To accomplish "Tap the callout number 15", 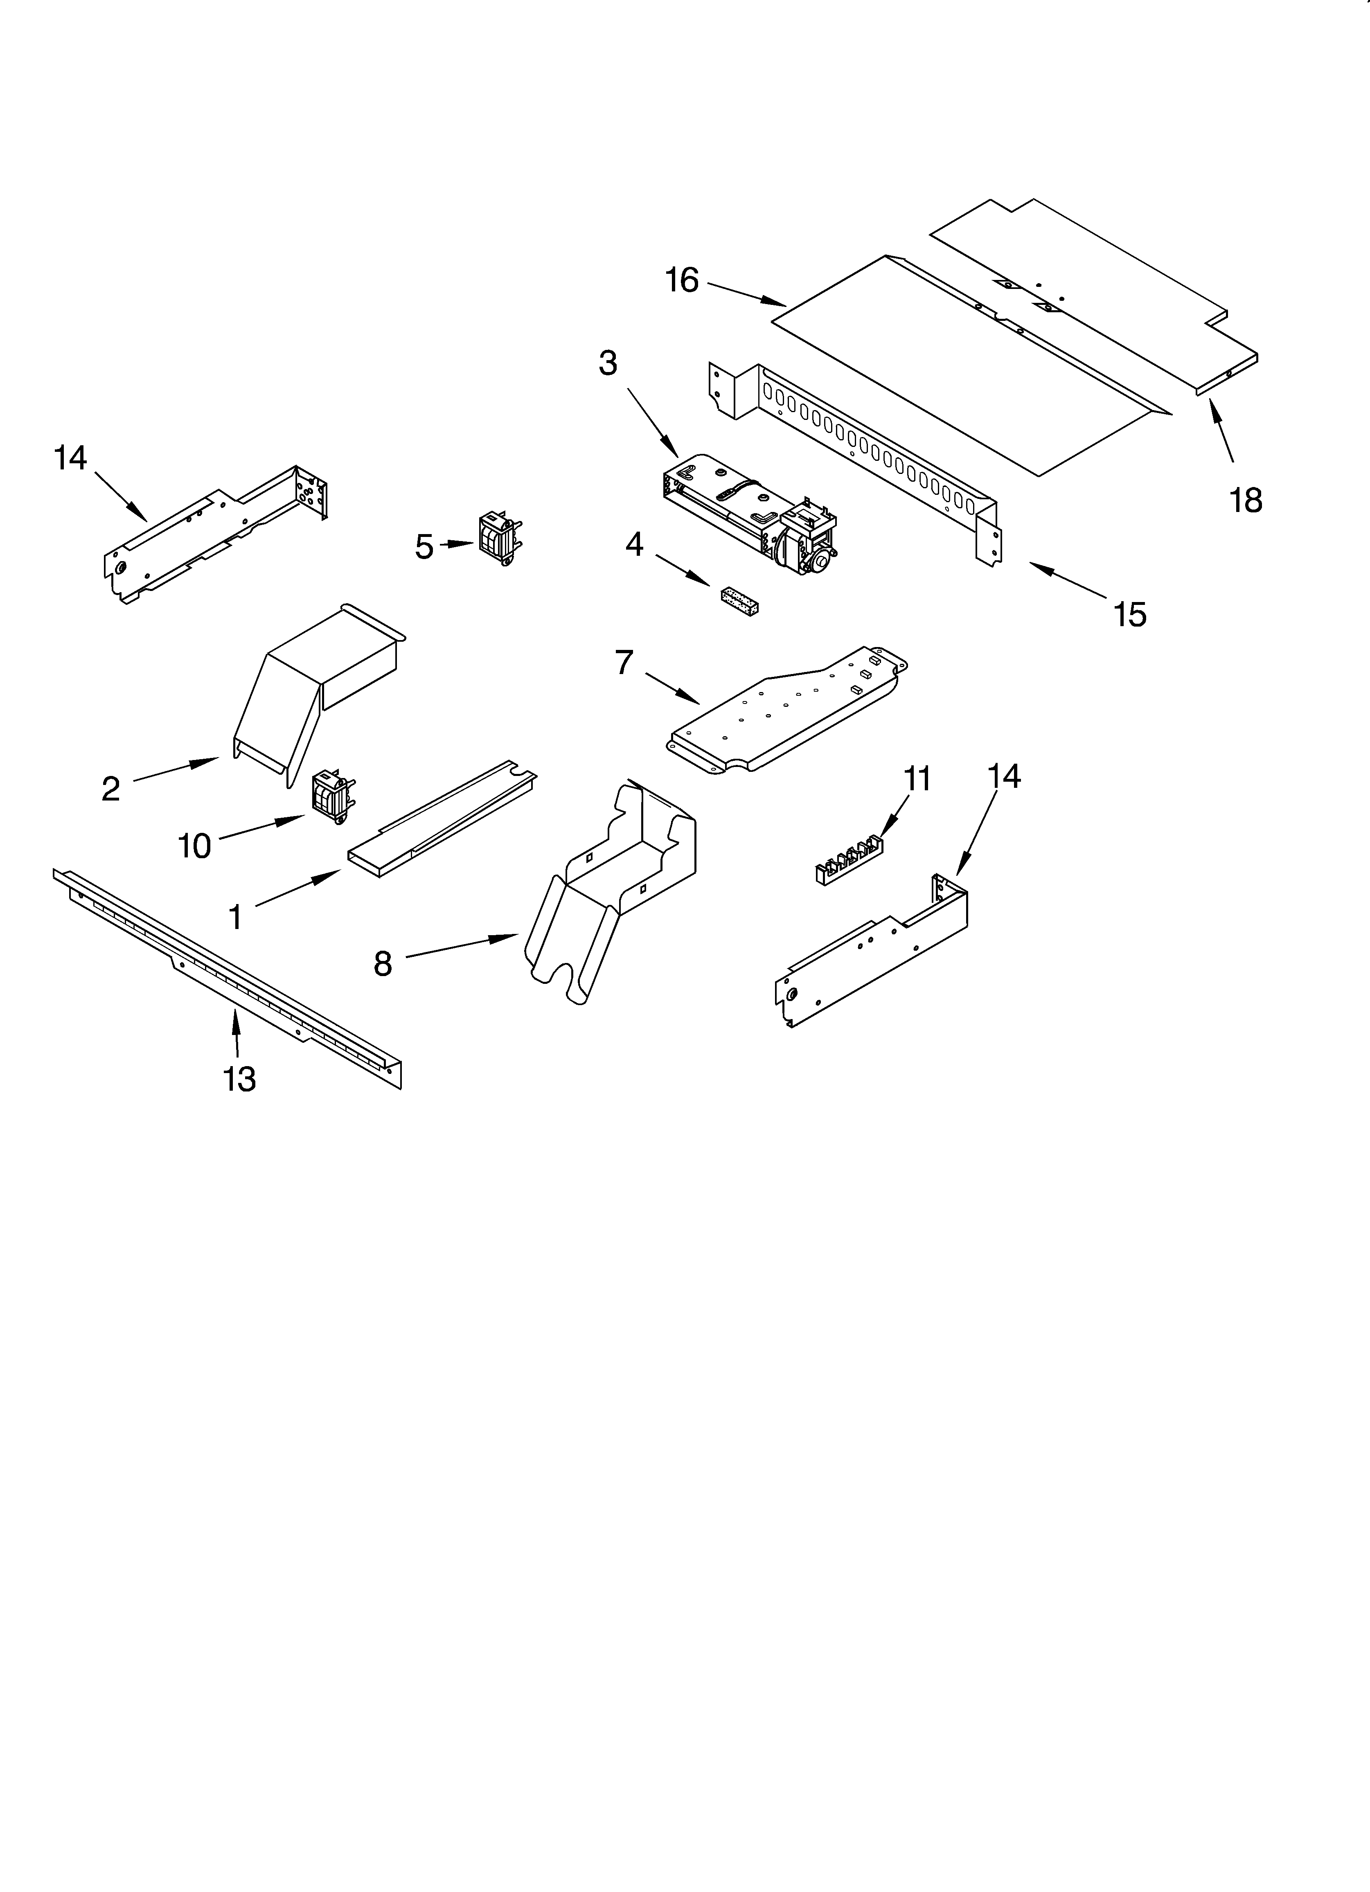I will [1130, 615].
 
